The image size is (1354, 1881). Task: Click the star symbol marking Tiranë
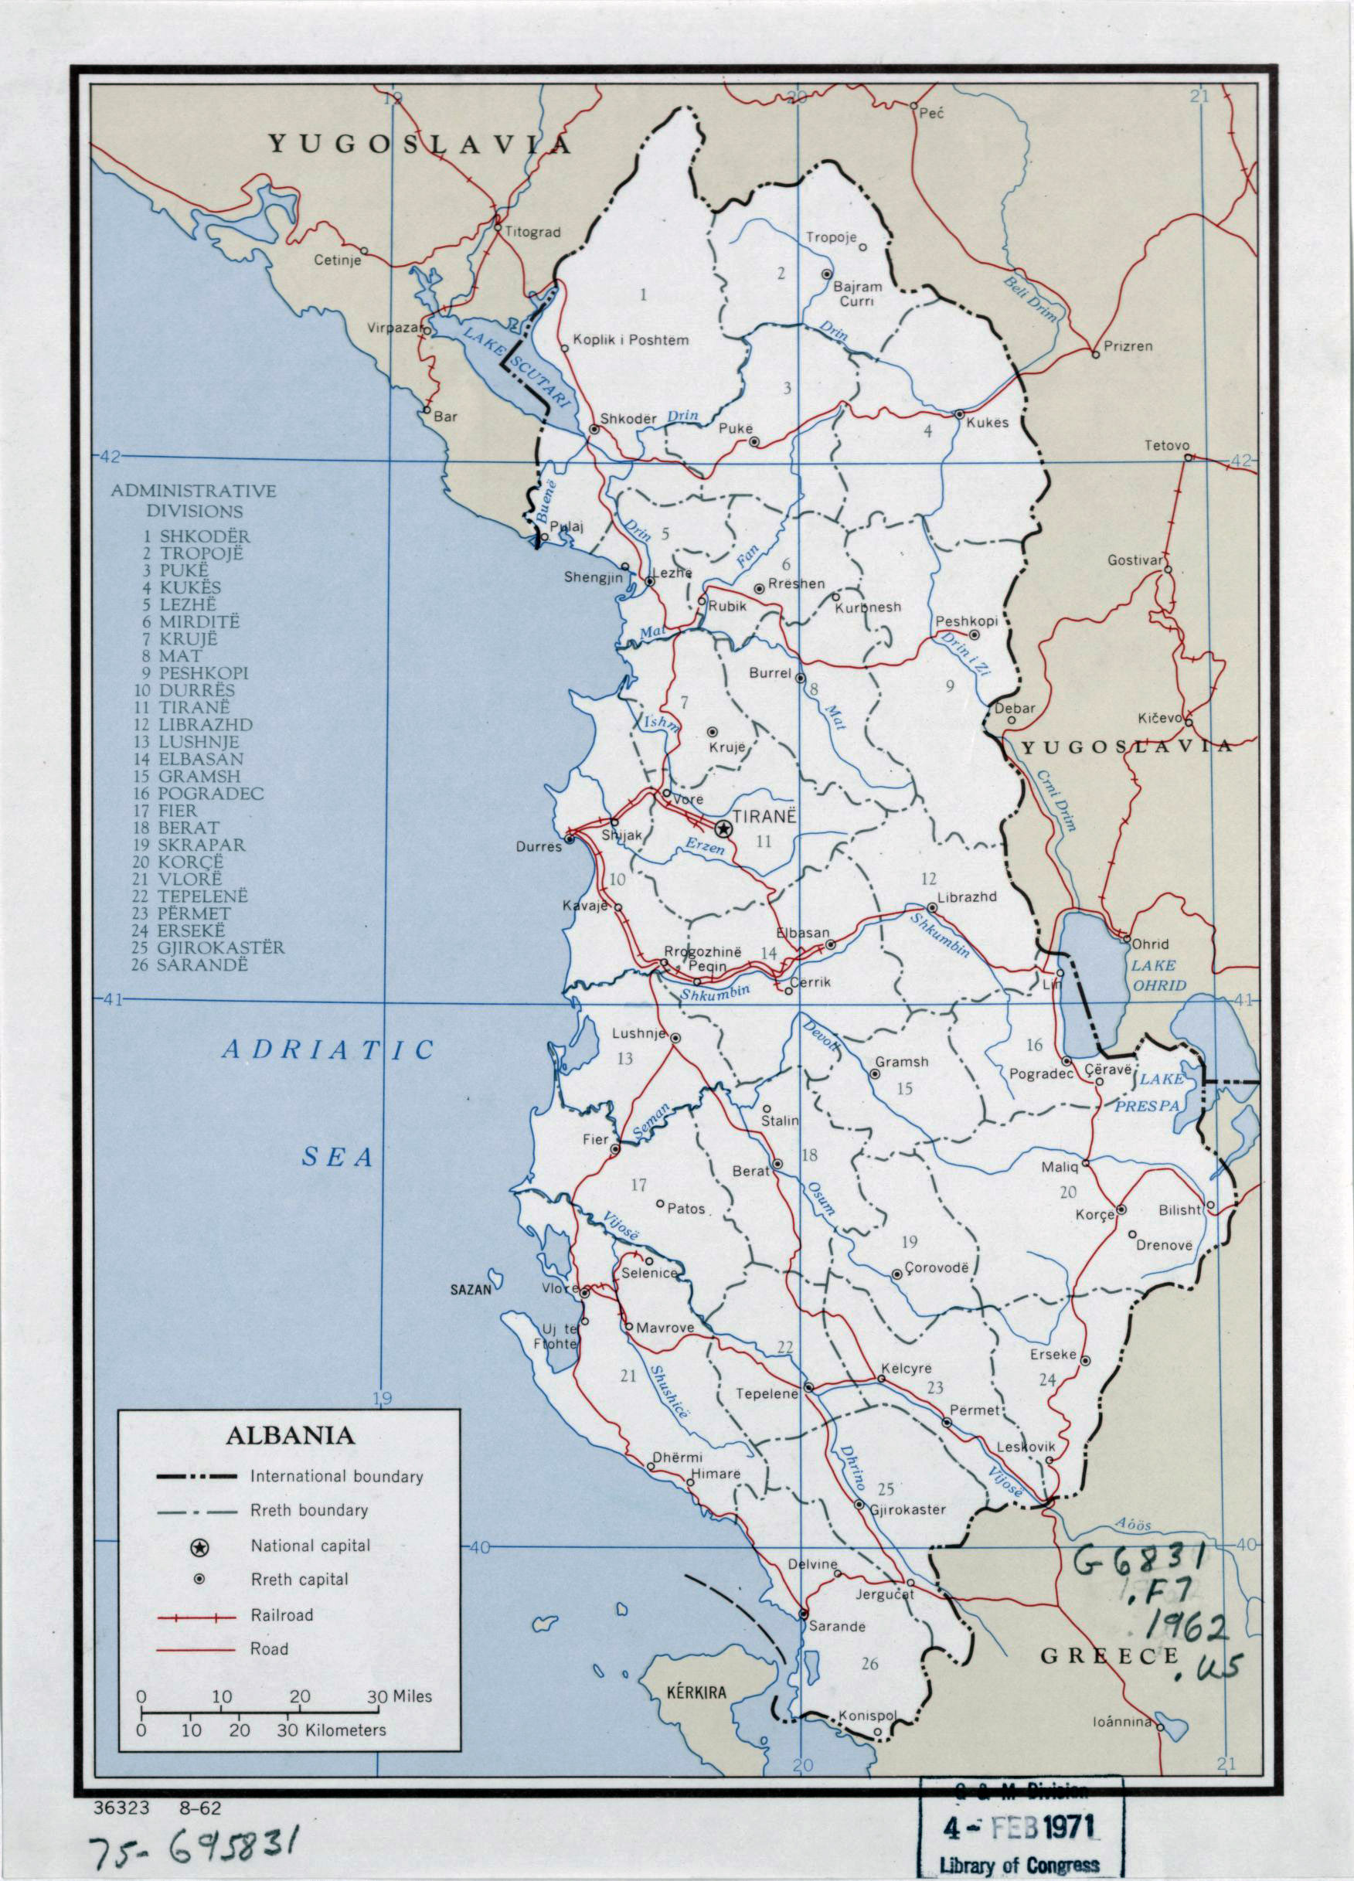723,828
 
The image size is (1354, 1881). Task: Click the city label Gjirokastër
908,1509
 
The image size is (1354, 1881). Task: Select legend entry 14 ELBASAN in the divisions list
192,759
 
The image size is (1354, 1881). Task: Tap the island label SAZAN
471,1289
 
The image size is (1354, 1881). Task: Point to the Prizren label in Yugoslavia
1128,346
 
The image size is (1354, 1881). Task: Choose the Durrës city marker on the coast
570,839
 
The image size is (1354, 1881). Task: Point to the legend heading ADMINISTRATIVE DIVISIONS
194,501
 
